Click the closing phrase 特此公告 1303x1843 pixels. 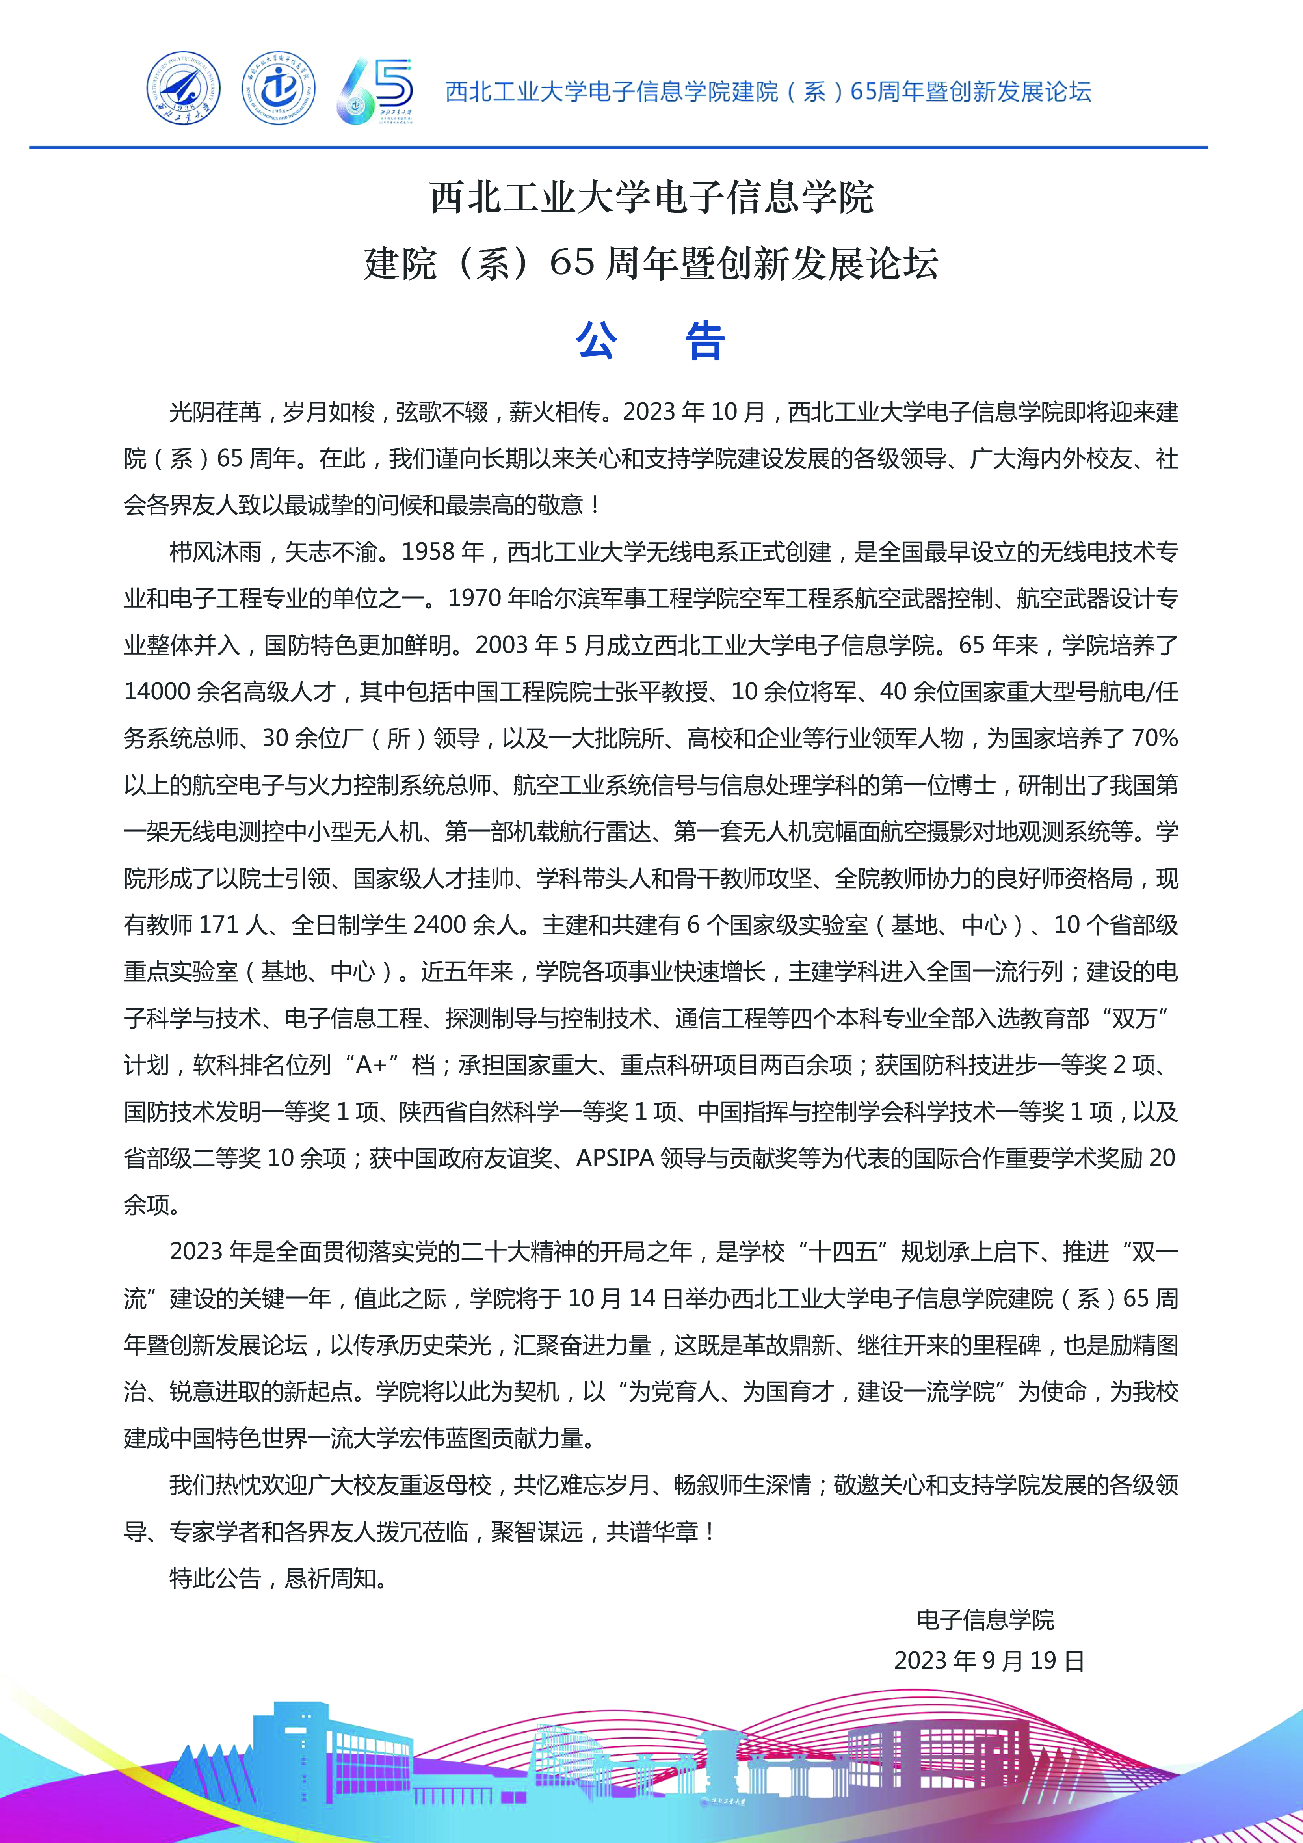pos(215,1578)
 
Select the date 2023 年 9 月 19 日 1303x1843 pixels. pos(989,1660)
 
